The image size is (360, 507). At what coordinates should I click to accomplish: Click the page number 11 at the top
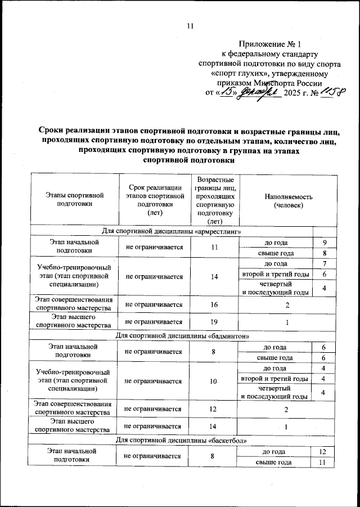pos(190,25)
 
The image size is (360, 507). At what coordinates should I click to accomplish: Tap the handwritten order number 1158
pos(331,92)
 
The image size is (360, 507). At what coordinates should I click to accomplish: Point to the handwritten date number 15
pos(227,92)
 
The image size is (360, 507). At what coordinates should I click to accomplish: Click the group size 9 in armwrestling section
pos(325,243)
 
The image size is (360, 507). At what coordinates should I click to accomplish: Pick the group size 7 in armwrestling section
pos(325,264)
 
